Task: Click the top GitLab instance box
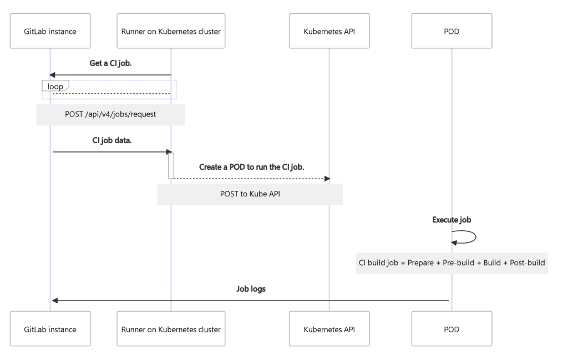pos(50,31)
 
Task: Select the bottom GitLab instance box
pos(50,329)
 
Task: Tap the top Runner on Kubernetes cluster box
pos(171,31)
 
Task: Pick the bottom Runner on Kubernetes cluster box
pos(171,329)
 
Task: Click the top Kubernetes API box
pos(329,31)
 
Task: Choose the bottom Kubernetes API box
pos(329,329)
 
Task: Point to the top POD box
pos(452,31)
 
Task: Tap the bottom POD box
pos(452,329)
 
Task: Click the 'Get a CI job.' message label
pos(111,63)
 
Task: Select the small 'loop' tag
pos(55,86)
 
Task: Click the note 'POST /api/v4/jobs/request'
pos(110,115)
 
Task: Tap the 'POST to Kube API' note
pos(250,195)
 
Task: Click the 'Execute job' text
pos(452,220)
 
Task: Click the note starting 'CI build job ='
pos(452,262)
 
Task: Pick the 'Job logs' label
pos(251,288)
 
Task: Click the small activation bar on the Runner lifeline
pos(171,165)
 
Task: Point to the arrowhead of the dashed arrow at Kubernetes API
pos(327,179)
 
